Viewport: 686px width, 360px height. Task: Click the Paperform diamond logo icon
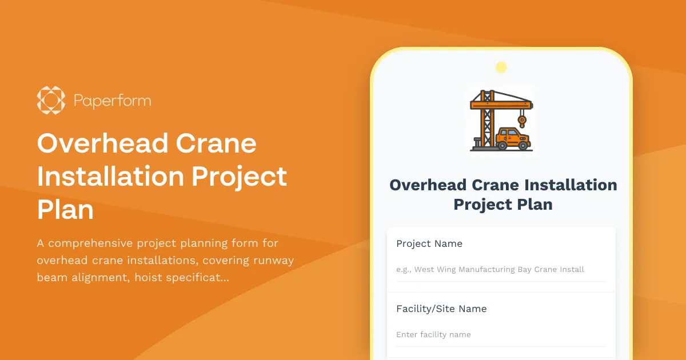51,101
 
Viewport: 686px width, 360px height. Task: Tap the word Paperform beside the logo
112,102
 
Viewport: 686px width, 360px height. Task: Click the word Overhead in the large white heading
102,143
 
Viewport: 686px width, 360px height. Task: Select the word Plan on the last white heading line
65,210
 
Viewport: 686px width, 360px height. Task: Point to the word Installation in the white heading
110,177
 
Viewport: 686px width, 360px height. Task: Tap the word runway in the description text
273,261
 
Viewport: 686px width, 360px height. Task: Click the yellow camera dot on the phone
501,67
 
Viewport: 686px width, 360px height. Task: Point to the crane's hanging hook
521,121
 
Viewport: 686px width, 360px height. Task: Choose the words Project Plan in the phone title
502,205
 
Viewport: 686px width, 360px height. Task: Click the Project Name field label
429,243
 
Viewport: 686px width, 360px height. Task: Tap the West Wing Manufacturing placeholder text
490,269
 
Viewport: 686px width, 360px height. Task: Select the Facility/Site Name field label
441,309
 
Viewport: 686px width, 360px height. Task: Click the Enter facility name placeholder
433,334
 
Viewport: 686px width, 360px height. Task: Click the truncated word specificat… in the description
198,278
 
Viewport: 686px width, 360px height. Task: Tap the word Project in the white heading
239,177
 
